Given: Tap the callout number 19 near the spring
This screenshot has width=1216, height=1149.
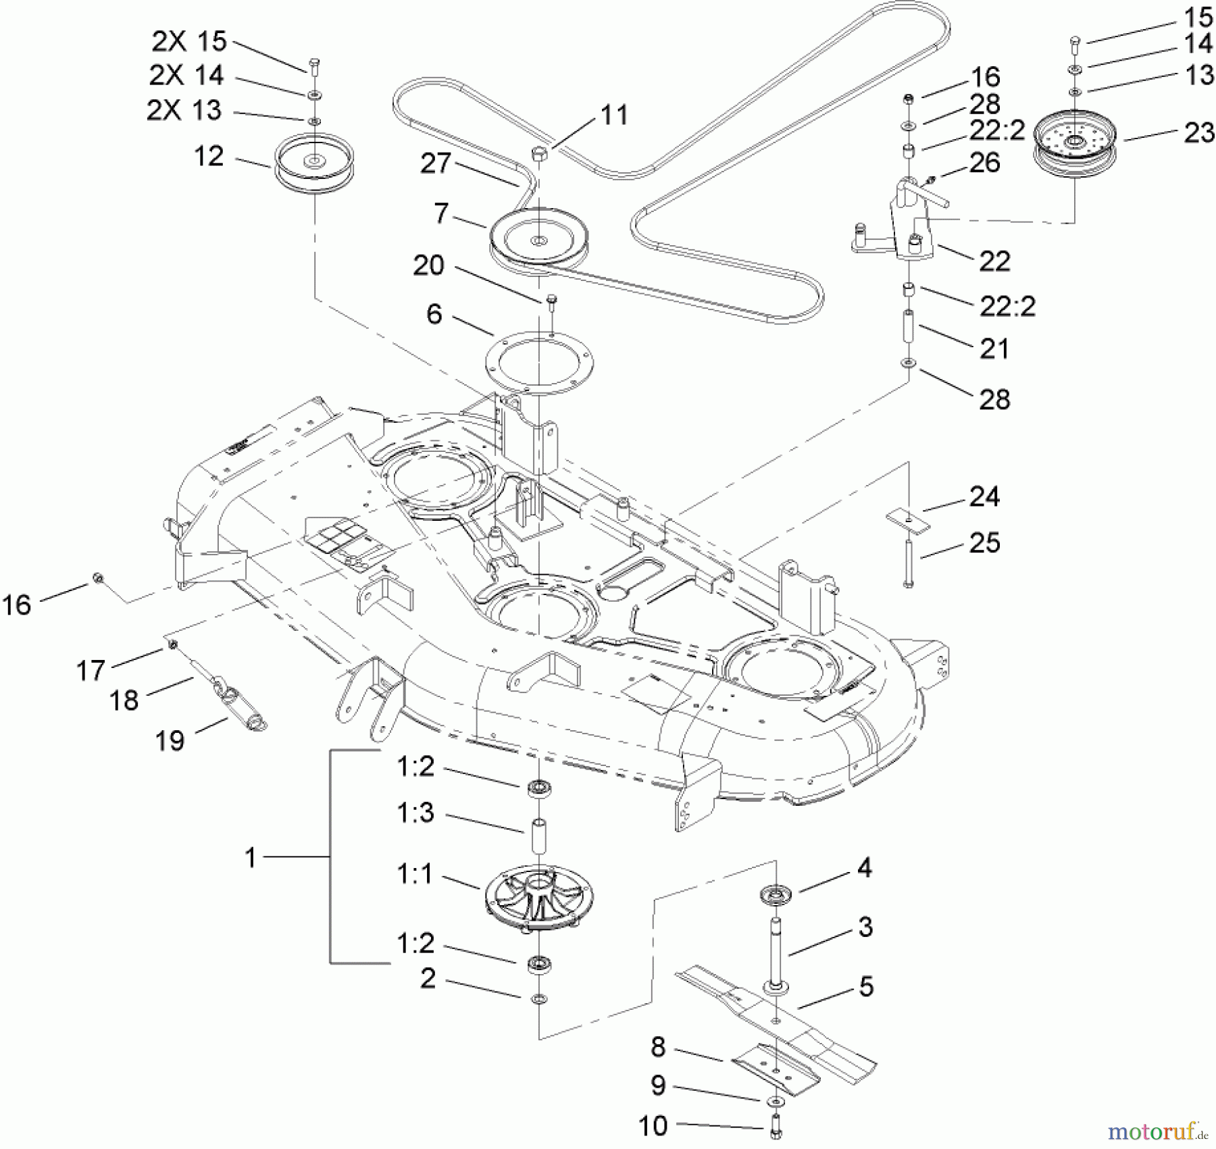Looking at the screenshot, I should [170, 741].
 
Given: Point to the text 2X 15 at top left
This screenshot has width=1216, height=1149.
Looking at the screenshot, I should [188, 41].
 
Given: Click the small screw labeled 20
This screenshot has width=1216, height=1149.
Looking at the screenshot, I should [551, 301].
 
